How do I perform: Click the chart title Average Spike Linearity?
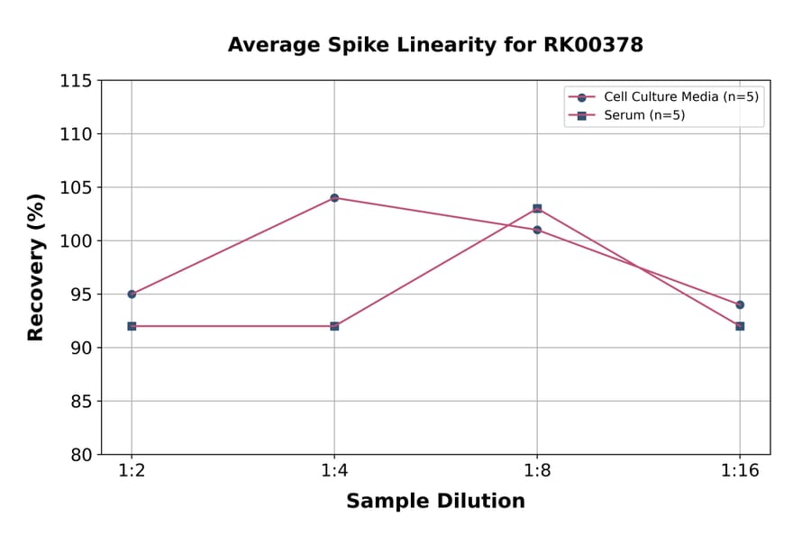tap(435, 45)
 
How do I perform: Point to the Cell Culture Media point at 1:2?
tap(132, 294)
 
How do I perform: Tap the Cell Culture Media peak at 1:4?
tap(334, 197)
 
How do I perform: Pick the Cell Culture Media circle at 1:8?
tap(537, 230)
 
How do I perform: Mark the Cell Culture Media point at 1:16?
tap(740, 304)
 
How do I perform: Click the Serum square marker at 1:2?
tap(132, 326)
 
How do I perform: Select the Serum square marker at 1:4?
tap(334, 326)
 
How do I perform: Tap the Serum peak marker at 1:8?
tap(537, 208)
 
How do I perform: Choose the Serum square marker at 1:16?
tap(740, 326)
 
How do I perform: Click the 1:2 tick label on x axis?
tap(132, 472)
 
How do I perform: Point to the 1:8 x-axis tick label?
tap(537, 472)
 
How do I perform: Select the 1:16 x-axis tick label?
tap(740, 472)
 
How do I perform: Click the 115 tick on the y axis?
tap(76, 81)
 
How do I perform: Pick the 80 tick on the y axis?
tap(81, 455)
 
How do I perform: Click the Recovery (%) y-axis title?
tap(36, 267)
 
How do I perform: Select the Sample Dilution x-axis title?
tap(435, 502)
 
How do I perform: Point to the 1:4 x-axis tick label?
tap(334, 472)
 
